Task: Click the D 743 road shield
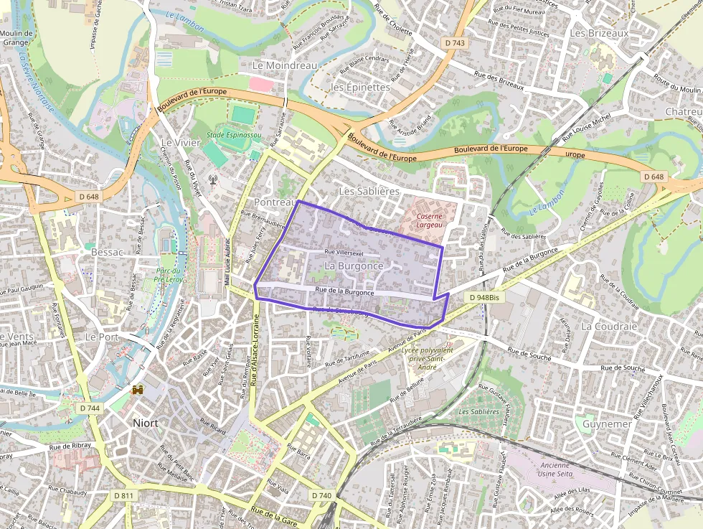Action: coord(455,43)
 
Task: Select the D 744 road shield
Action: coord(90,408)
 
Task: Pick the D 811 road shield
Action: coord(123,495)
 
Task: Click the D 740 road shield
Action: coord(322,495)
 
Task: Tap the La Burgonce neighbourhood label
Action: coord(354,266)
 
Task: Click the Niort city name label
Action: coord(145,423)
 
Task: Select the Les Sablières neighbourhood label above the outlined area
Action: coord(368,192)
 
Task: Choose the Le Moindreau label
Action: coord(285,65)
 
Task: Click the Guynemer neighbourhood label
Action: coord(607,423)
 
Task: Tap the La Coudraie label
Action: coord(605,326)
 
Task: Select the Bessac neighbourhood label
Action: coord(107,252)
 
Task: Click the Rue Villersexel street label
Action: coord(344,253)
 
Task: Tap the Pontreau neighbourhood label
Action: coord(275,202)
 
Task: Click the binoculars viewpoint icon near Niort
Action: coord(138,390)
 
